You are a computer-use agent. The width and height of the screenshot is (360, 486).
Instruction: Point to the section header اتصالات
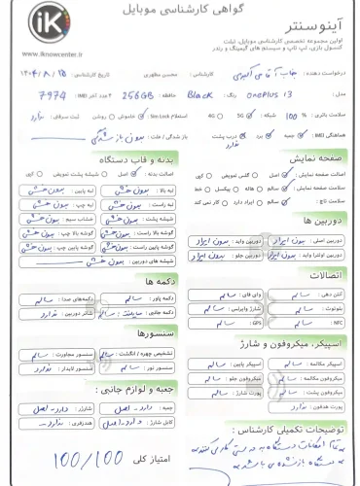click(x=325, y=285)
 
